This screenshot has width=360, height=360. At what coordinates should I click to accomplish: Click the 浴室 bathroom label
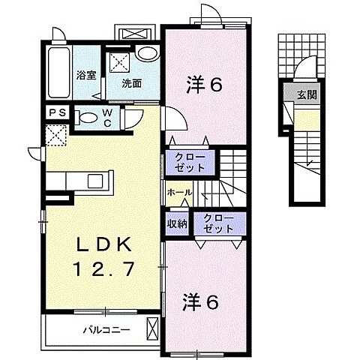(x=87, y=75)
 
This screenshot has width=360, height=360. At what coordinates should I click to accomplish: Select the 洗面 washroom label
(x=133, y=83)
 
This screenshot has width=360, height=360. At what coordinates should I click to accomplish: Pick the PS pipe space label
(x=56, y=113)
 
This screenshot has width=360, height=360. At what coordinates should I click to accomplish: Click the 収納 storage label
(x=178, y=223)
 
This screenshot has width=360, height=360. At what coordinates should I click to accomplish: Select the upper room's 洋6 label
(x=203, y=85)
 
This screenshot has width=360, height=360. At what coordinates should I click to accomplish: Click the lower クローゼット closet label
(x=217, y=223)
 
